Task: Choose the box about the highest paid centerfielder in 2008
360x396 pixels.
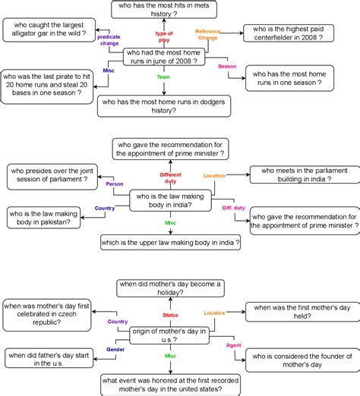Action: point(298,31)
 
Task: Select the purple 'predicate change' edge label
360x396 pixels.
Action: point(109,39)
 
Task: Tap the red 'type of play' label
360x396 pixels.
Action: point(164,37)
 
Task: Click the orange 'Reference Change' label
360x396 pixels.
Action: point(207,34)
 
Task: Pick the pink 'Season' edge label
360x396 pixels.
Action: point(227,67)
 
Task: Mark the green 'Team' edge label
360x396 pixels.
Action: point(163,77)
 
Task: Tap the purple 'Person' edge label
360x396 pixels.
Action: point(115,184)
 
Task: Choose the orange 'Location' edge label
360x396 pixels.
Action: point(215,175)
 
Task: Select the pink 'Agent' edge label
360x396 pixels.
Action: point(234,345)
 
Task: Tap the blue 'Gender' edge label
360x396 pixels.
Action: point(116,350)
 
